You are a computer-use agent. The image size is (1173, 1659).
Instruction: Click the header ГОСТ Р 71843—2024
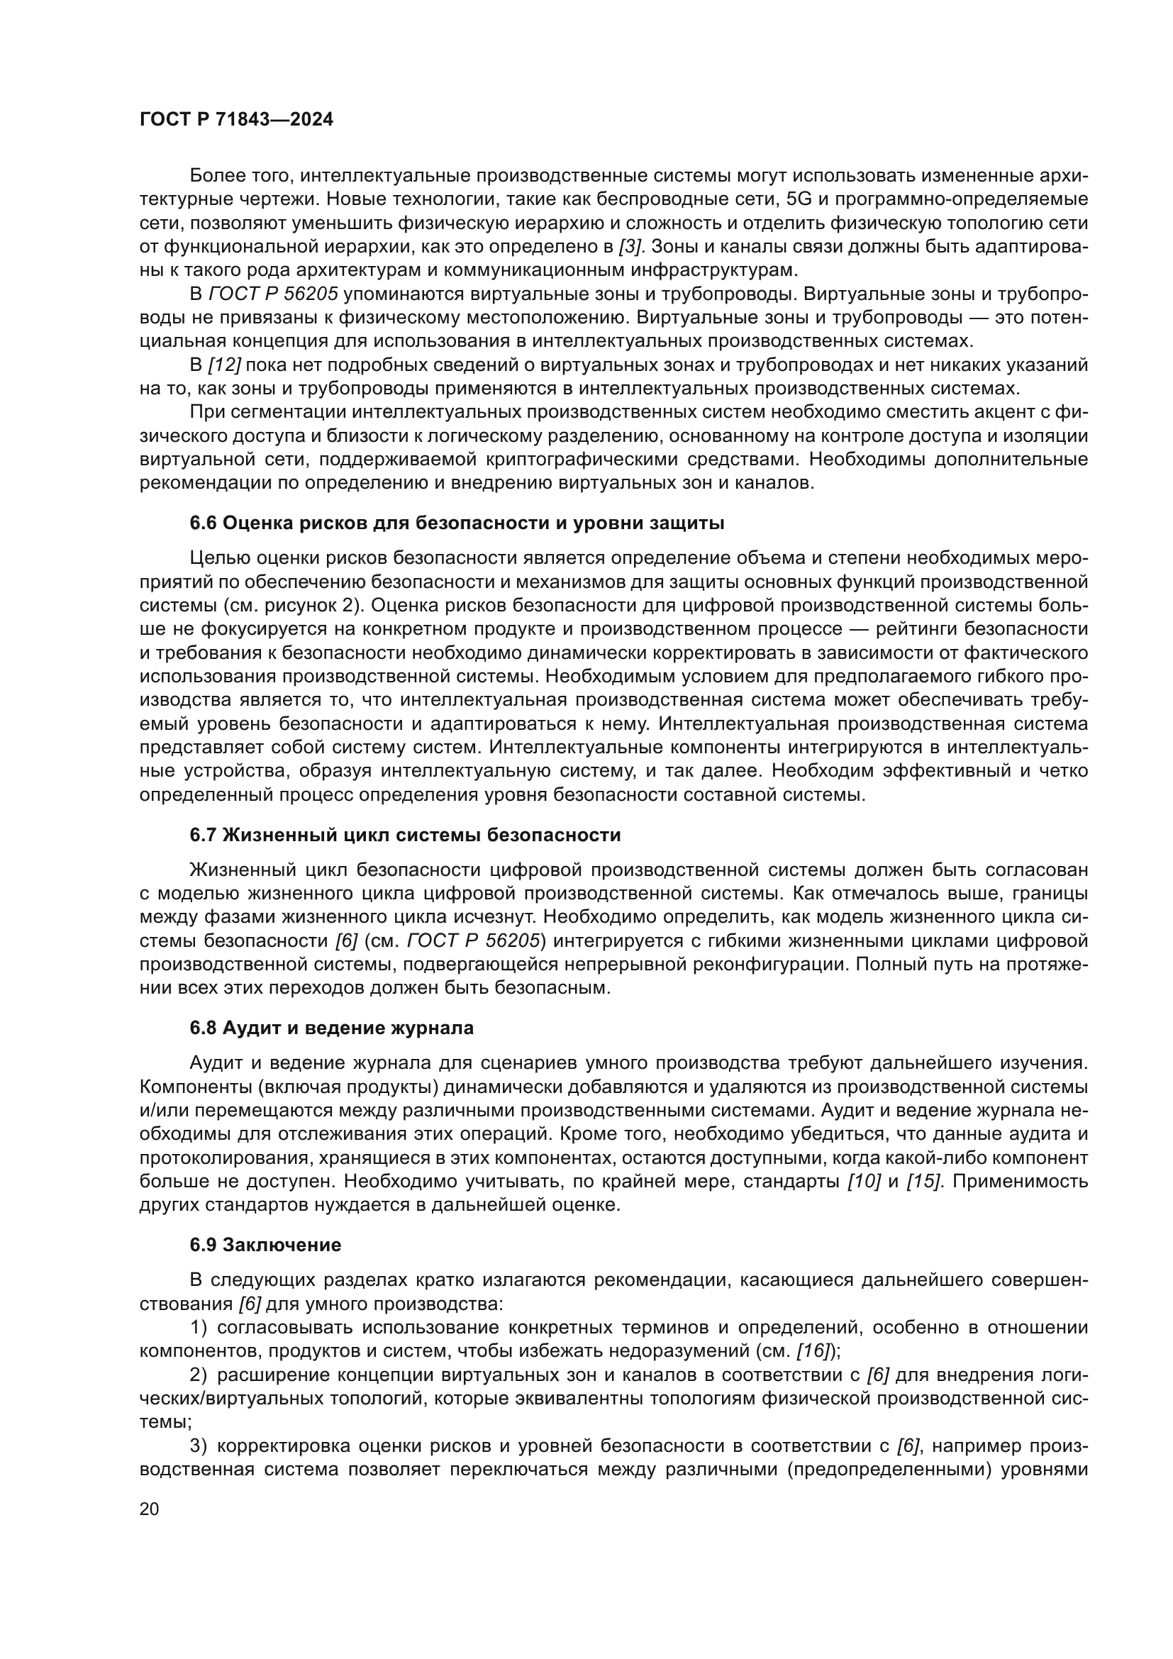click(236, 120)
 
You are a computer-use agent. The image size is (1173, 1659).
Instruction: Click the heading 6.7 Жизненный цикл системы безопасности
click(405, 836)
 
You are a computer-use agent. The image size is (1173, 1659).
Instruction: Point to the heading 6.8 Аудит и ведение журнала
click(331, 1028)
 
